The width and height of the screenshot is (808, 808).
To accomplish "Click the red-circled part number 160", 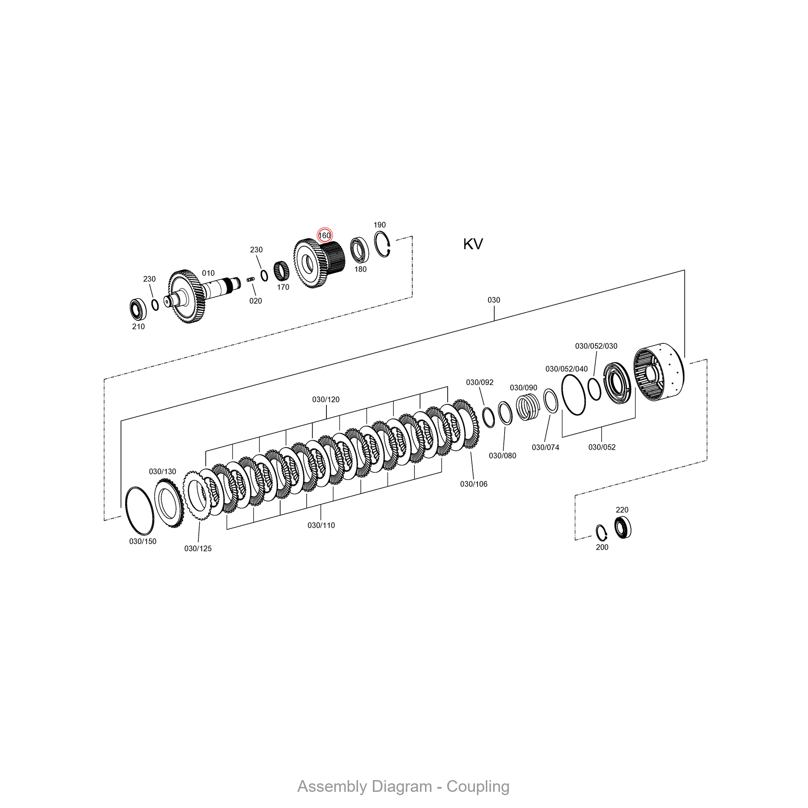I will tap(324, 236).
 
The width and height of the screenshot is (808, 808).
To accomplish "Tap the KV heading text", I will tap(473, 244).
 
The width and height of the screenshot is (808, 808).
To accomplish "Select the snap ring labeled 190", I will tap(382, 244).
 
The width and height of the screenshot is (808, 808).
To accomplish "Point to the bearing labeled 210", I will tap(138, 309).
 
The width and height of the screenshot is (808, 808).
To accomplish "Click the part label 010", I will tap(208, 273).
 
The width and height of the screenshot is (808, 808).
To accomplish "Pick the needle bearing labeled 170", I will tap(282, 271).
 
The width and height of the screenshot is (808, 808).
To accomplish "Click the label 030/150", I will tap(143, 541).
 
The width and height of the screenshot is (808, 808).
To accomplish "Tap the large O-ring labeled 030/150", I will tap(140, 511).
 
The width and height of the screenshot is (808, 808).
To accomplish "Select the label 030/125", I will tap(198, 548).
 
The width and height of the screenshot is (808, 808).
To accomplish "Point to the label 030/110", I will tap(321, 525).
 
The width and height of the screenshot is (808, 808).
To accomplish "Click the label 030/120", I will tap(326, 400).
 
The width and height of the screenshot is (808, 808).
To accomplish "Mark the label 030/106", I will tap(473, 484).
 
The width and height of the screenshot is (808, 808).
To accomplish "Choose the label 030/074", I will tap(545, 447).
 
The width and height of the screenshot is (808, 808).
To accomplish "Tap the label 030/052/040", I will tap(566, 369).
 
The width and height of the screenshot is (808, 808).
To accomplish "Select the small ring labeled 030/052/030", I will tap(594, 389).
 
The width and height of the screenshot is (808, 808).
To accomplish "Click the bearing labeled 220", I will tap(623, 528).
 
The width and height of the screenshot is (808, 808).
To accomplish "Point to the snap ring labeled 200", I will tap(602, 532).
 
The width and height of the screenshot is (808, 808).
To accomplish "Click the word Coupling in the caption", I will tap(478, 786).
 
